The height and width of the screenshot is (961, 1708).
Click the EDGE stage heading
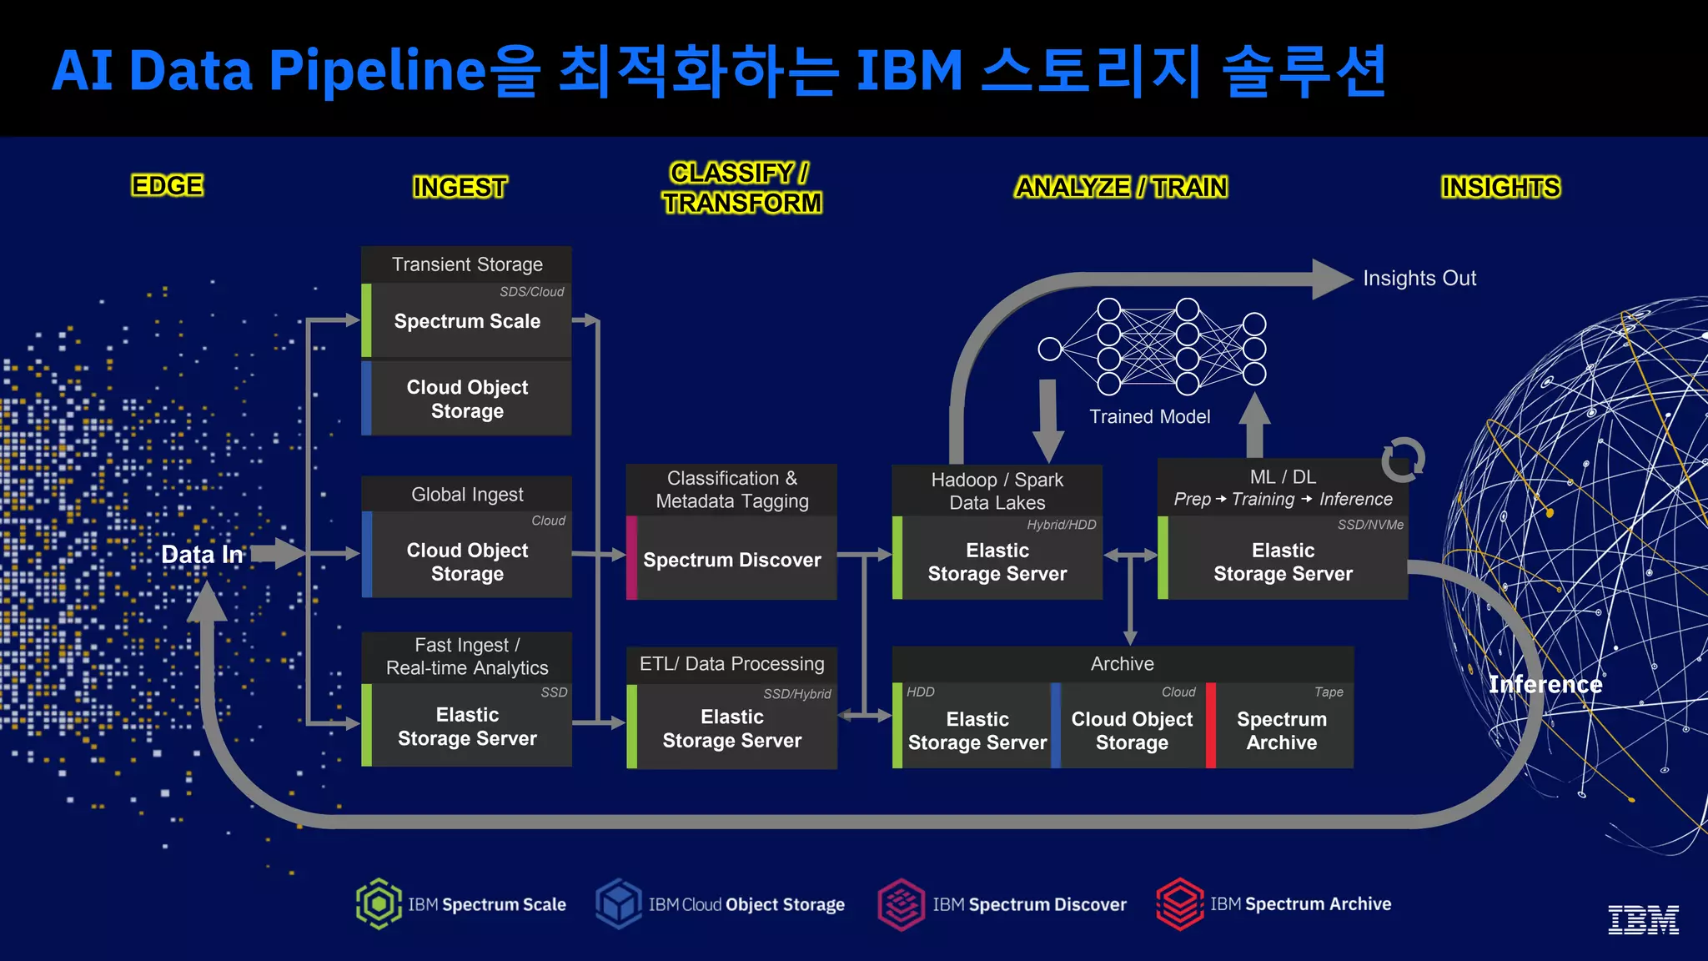(167, 185)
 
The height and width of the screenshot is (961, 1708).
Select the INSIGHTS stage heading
(1500, 187)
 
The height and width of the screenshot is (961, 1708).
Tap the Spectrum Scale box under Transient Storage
(467, 321)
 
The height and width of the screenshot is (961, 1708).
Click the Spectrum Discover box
(731, 560)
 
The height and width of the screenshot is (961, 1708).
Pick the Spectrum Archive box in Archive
(1282, 730)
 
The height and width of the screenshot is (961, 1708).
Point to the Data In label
(202, 555)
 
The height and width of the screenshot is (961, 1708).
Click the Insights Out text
(1419, 278)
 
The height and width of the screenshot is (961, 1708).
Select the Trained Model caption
(1149, 416)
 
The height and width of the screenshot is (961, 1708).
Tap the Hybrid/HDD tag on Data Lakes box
(1061, 525)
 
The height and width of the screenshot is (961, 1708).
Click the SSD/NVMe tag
(1370, 525)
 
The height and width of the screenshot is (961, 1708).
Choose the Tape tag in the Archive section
(1329, 692)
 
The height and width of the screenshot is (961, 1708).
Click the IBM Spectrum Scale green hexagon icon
(379, 903)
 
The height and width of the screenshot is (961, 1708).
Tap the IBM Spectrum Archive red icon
(1179, 903)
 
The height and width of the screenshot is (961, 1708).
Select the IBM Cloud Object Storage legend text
(746, 904)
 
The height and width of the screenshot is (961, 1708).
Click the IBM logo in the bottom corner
(1643, 919)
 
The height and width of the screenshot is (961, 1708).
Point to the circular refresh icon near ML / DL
(1403, 460)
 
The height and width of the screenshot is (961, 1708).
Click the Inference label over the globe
(1545, 684)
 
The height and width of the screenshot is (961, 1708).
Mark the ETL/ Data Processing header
(731, 664)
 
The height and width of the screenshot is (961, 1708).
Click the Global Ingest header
(467, 495)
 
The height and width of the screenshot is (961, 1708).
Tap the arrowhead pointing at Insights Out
(1331, 279)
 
